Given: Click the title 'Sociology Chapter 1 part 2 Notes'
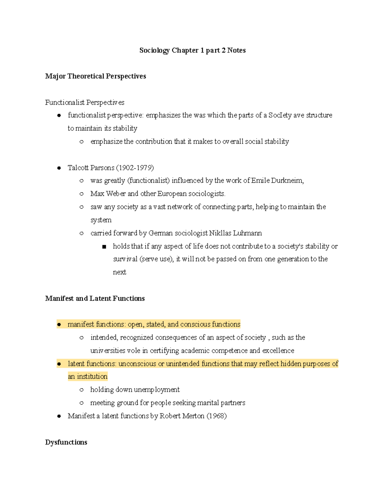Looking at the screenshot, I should click(193, 50).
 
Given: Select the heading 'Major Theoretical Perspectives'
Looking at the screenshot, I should click(96, 76).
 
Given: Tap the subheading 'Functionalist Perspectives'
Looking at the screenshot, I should click(85, 102).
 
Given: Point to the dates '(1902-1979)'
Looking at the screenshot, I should click(135, 168).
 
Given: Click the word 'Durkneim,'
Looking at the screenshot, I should click(287, 181).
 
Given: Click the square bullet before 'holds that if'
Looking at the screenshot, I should click(104, 247).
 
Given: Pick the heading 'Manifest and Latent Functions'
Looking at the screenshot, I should click(95, 299).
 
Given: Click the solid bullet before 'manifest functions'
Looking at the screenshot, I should click(59, 325).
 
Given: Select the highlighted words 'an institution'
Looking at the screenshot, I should click(88, 377).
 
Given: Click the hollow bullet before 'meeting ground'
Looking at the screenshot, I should click(81, 403).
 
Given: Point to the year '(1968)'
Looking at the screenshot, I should click(217, 416).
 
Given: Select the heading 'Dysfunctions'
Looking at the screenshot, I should click(66, 442).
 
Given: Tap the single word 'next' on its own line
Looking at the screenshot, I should click(119, 272).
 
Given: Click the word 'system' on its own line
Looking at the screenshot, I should click(101, 220).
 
